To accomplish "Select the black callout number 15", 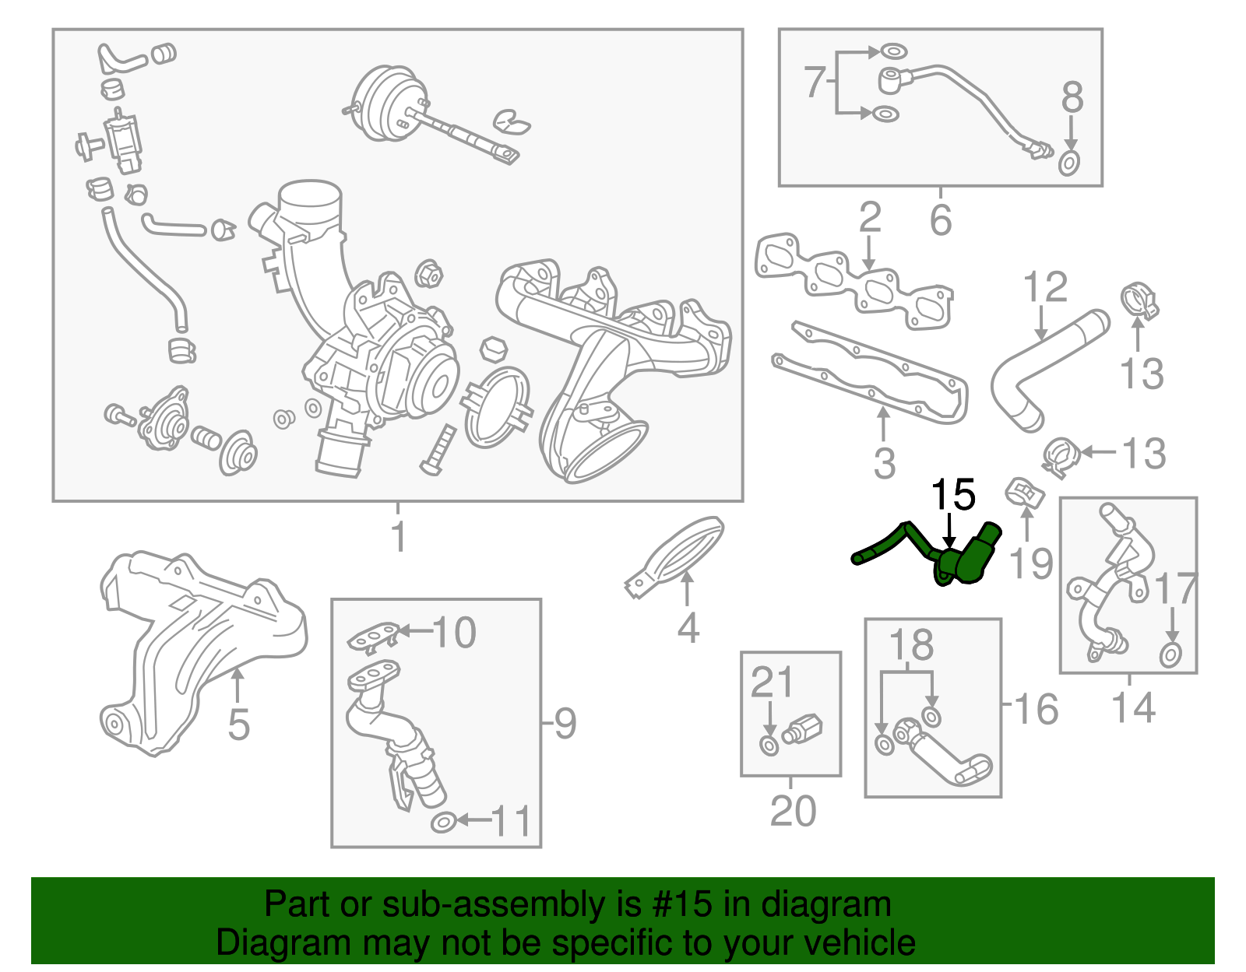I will (953, 495).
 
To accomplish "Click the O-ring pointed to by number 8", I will (1070, 163).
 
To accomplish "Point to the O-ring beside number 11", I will (442, 822).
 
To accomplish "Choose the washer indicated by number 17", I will (1170, 654).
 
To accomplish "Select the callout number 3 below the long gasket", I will (884, 462).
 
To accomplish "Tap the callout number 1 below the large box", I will (398, 536).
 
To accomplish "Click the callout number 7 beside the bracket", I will (814, 82).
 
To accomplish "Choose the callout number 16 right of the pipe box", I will (1037, 708).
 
